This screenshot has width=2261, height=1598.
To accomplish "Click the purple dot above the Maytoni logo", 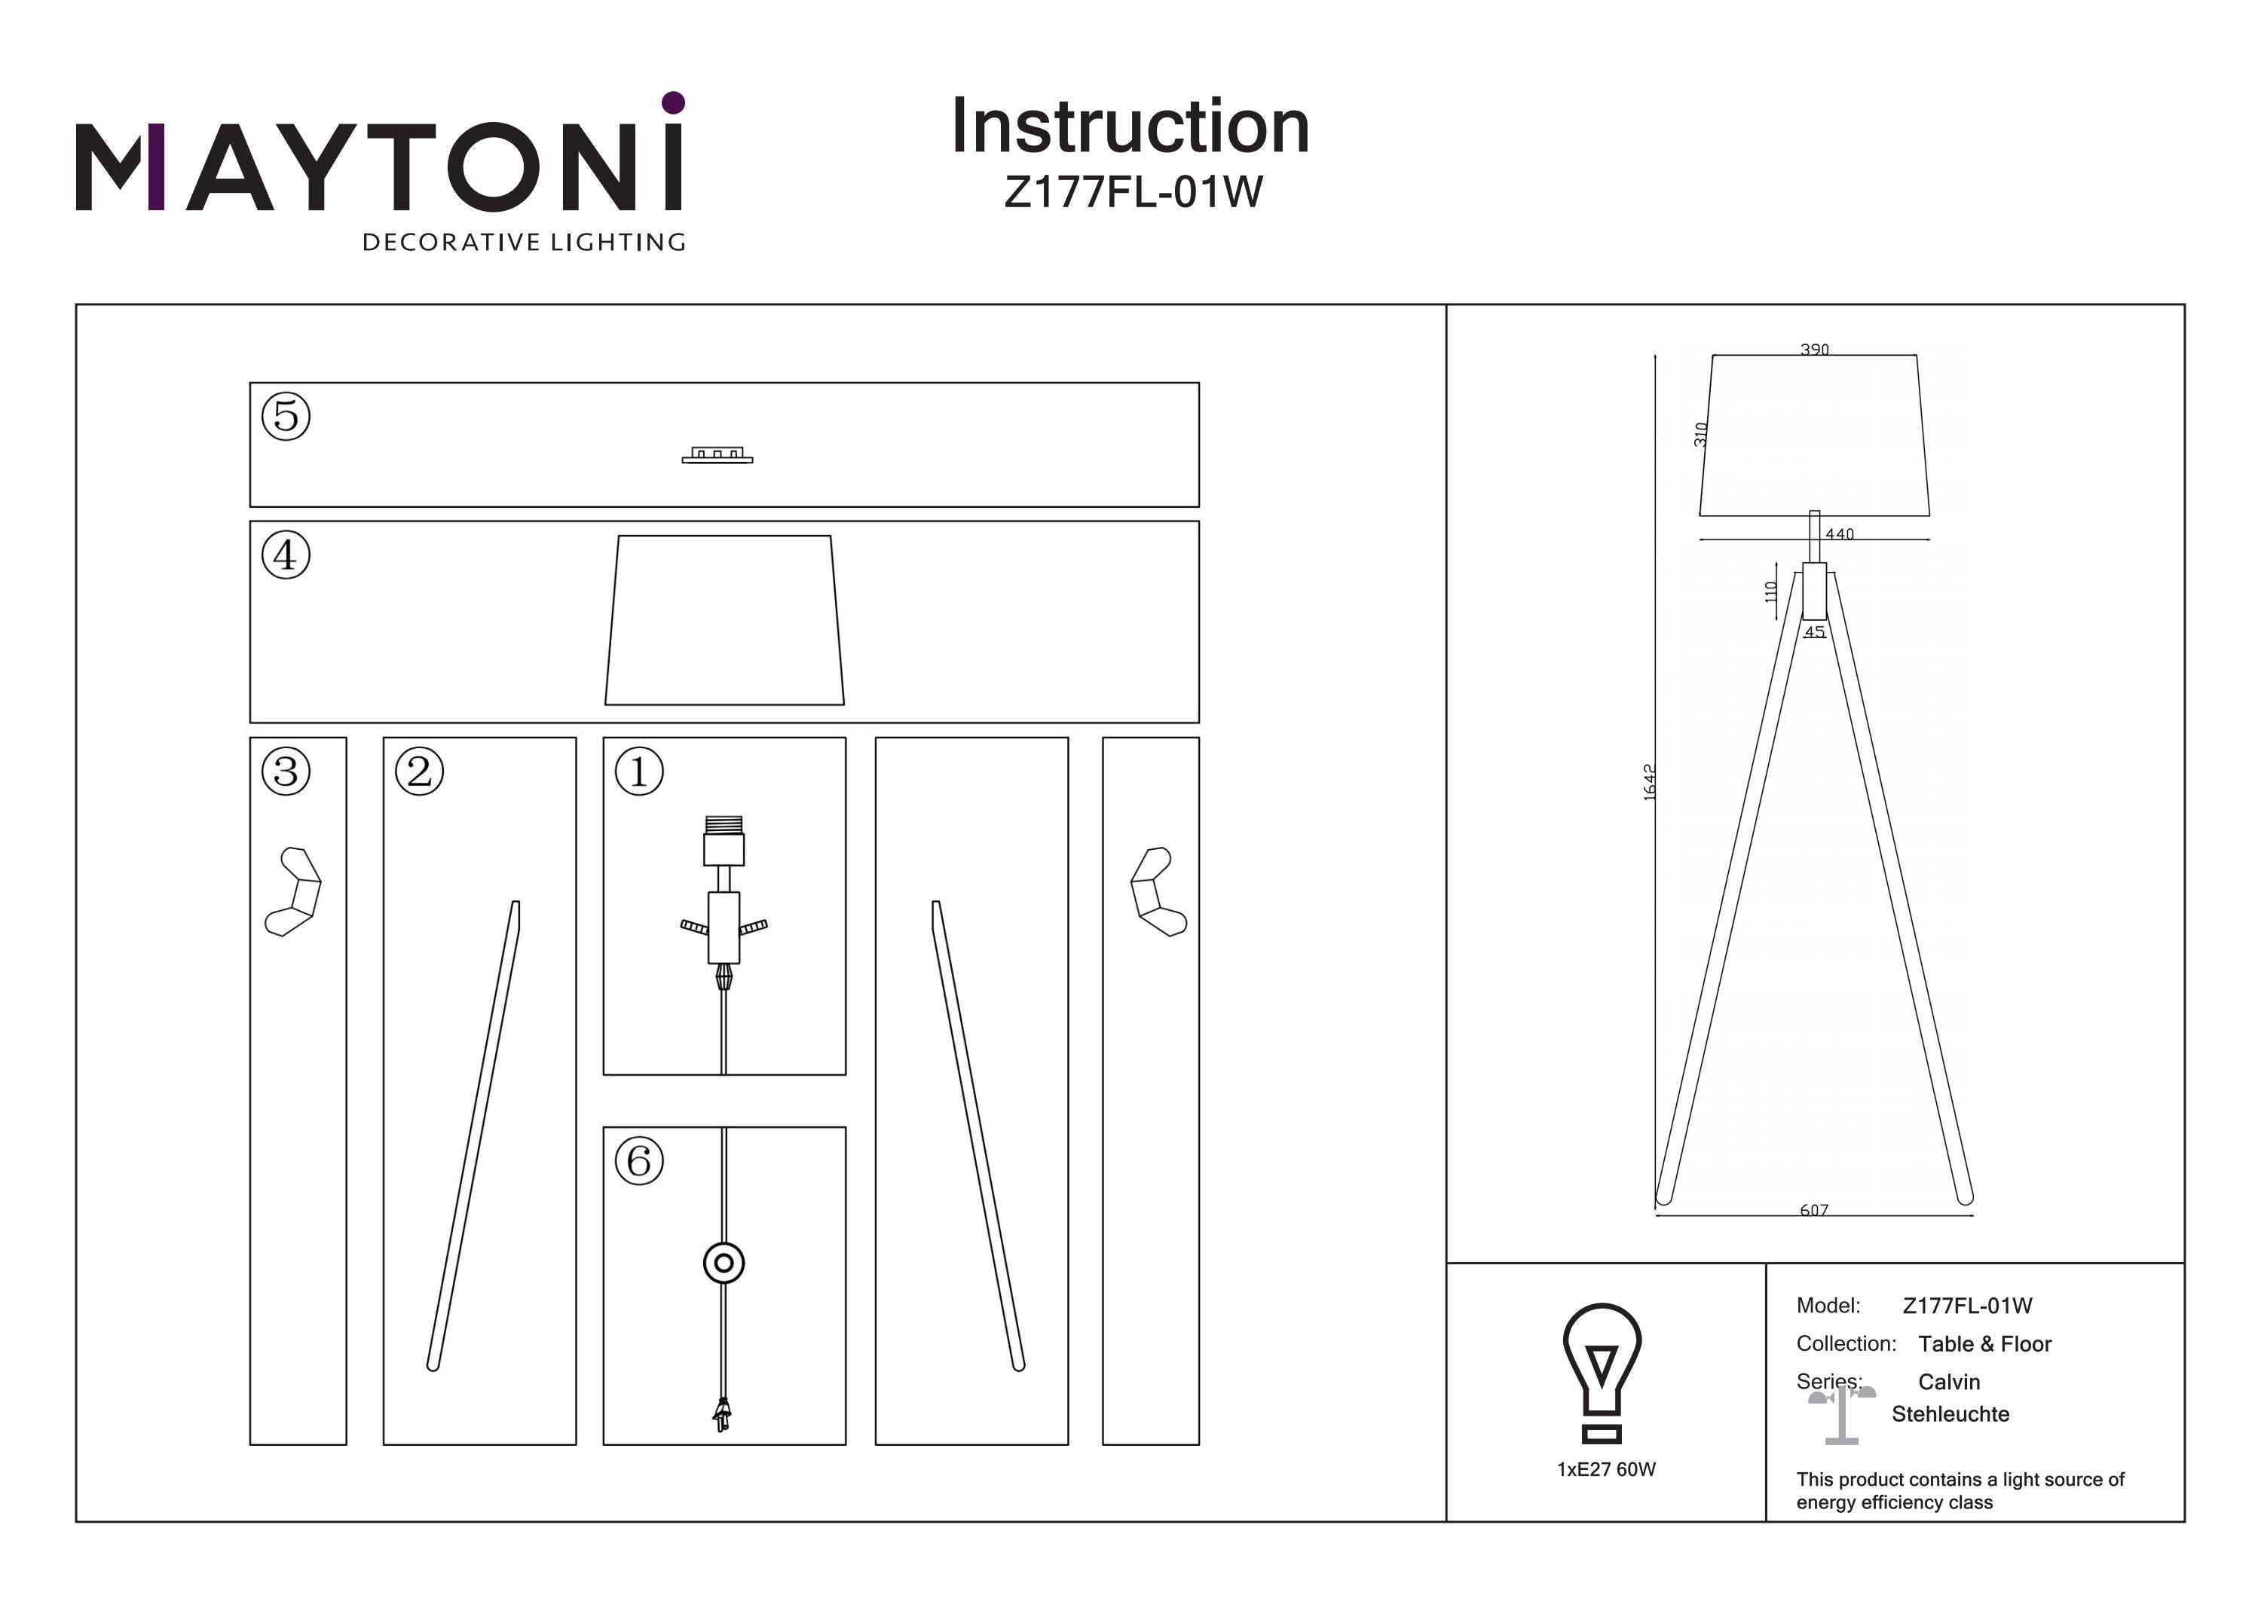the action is (x=674, y=102).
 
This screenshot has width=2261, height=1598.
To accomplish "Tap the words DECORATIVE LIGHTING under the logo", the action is (x=524, y=242).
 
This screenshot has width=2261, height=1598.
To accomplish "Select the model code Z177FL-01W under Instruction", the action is (x=1133, y=192).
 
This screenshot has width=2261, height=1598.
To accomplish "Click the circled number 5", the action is (x=286, y=415).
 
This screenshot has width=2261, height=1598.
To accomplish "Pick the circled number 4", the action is (x=286, y=555).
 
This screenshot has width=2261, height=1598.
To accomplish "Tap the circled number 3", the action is (x=286, y=771).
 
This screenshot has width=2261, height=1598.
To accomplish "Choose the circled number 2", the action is (x=420, y=771).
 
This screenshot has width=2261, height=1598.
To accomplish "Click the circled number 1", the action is (x=639, y=771).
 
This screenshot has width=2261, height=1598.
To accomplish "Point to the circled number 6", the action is (x=639, y=1161).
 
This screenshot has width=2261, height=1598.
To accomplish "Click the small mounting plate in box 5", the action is (x=717, y=455).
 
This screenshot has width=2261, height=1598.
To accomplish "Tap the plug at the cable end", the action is (x=723, y=1416).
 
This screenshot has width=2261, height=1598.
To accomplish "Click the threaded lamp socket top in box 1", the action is (x=724, y=825).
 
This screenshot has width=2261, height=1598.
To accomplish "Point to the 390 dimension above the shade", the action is (x=1815, y=350).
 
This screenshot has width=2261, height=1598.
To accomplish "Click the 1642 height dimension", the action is (x=1650, y=782).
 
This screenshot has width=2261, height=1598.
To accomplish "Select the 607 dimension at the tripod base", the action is (x=1814, y=1210).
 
